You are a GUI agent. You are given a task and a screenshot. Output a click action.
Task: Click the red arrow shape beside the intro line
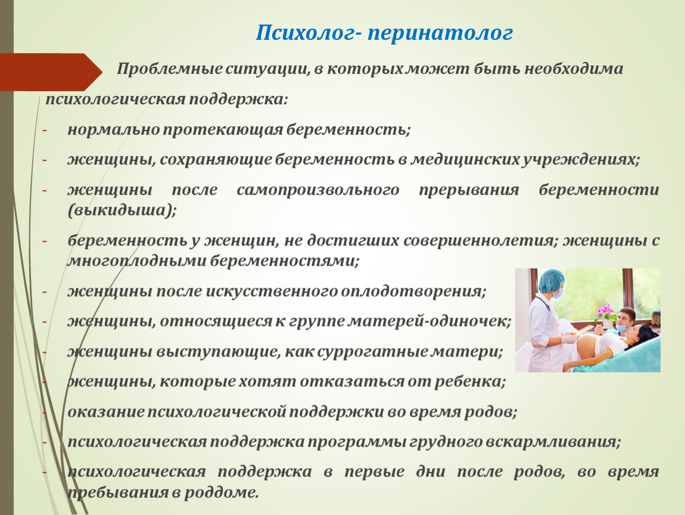(x=51, y=72)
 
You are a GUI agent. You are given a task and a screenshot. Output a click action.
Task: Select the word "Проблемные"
(x=169, y=69)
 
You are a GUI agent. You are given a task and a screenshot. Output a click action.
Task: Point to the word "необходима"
(x=574, y=69)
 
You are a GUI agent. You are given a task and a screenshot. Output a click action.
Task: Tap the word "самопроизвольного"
(x=317, y=190)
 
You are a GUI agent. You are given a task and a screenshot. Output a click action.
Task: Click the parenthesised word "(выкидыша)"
(x=122, y=211)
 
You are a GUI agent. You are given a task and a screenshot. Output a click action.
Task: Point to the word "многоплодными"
(x=136, y=262)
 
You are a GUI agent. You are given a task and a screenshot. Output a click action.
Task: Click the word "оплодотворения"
(x=411, y=291)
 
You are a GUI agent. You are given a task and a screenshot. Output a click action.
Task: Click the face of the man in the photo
(x=627, y=317)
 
